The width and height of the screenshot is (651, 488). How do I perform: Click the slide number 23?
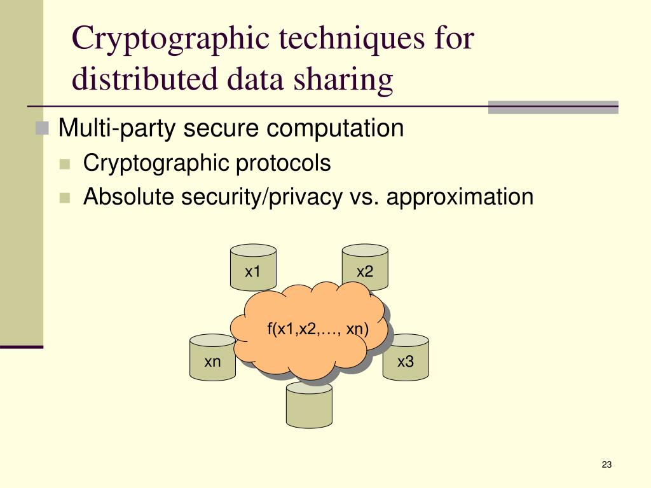[x=606, y=465]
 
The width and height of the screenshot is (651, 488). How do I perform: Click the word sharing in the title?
[x=348, y=80]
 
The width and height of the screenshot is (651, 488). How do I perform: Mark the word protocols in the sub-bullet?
[x=284, y=163]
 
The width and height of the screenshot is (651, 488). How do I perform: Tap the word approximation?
[x=460, y=197]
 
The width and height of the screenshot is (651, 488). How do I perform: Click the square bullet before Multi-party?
[x=43, y=129]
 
